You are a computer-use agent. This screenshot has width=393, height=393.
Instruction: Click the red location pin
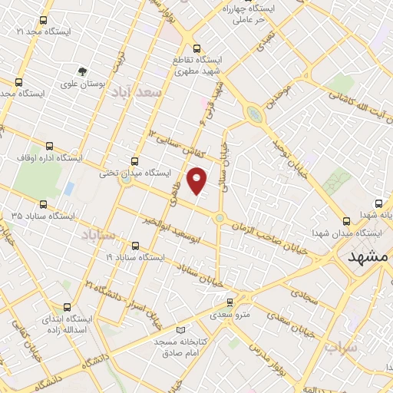pos(197,180)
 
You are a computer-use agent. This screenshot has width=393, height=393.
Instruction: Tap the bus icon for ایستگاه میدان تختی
pos(135,161)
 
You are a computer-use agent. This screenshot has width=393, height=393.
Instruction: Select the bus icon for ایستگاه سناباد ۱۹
pos(136,246)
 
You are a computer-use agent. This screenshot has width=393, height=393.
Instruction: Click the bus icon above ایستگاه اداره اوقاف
pos(50,145)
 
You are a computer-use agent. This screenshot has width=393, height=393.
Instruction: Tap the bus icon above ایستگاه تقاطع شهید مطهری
pos(197,47)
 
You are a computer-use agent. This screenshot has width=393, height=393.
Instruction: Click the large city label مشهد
pos(368,257)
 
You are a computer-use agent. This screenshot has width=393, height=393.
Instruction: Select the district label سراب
pos(341,349)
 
